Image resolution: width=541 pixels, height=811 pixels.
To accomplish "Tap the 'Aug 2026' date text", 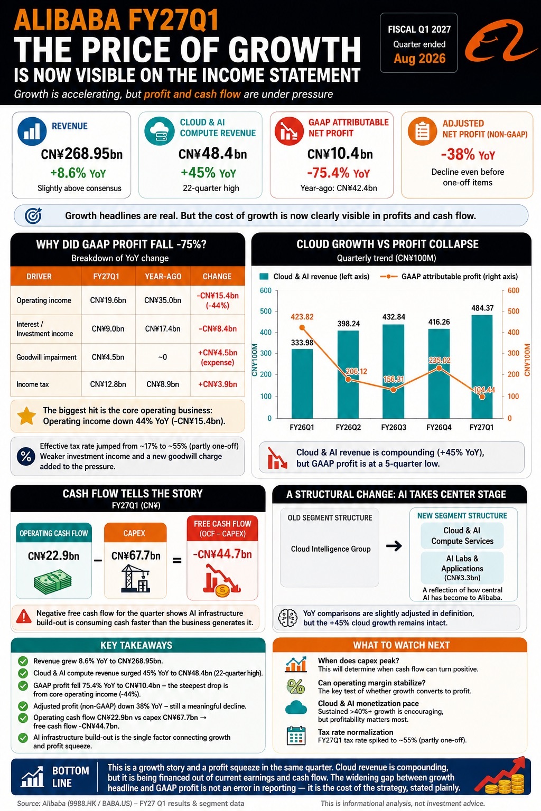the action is (x=419, y=59).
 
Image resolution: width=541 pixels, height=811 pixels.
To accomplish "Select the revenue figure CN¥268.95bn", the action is (x=81, y=154).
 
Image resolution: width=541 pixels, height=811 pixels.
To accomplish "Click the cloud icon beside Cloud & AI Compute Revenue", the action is (x=159, y=131).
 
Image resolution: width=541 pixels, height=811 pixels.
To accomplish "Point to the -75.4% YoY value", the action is (x=339, y=173).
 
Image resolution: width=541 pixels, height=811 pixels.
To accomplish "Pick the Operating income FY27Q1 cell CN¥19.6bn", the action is (x=108, y=300).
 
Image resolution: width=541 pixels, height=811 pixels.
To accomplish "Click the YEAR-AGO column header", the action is (x=163, y=276).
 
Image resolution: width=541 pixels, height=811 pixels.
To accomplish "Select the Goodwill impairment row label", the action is (x=46, y=357).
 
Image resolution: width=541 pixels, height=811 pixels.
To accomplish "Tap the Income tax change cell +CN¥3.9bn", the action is (x=218, y=384).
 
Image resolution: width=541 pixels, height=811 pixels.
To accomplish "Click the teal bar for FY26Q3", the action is (x=394, y=371).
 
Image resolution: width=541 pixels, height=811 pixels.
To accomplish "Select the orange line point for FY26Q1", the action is (x=302, y=328).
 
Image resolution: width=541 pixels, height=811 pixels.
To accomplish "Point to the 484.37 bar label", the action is (x=482, y=308).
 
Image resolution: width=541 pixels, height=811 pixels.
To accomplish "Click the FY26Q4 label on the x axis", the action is (x=439, y=427).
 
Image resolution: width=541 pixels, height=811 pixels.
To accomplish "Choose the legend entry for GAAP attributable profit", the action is (x=449, y=277).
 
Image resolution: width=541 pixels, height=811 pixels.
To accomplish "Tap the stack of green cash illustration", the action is (x=53, y=581).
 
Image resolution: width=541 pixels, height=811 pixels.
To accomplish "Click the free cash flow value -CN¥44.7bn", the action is (x=222, y=554).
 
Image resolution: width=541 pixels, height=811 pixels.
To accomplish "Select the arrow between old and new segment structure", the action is (x=394, y=545).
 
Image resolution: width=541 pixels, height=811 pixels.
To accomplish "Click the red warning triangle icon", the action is (x=24, y=616).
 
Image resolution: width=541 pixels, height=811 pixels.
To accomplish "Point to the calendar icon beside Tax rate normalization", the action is (x=296, y=735).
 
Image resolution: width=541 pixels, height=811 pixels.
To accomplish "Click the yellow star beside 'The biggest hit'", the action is (x=26, y=416).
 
